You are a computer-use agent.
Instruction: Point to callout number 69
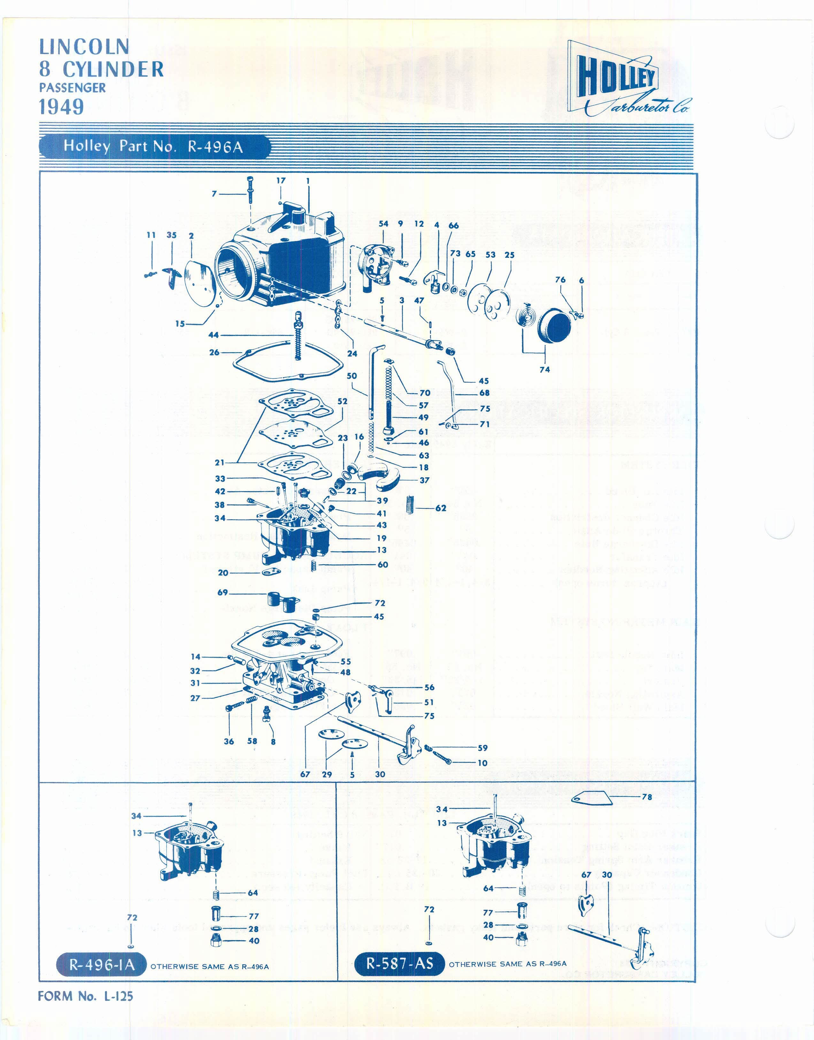(x=223, y=593)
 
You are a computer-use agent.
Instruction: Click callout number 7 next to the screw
(x=214, y=194)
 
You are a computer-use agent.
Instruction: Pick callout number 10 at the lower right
(x=482, y=763)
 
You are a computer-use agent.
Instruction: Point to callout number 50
(x=352, y=376)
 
